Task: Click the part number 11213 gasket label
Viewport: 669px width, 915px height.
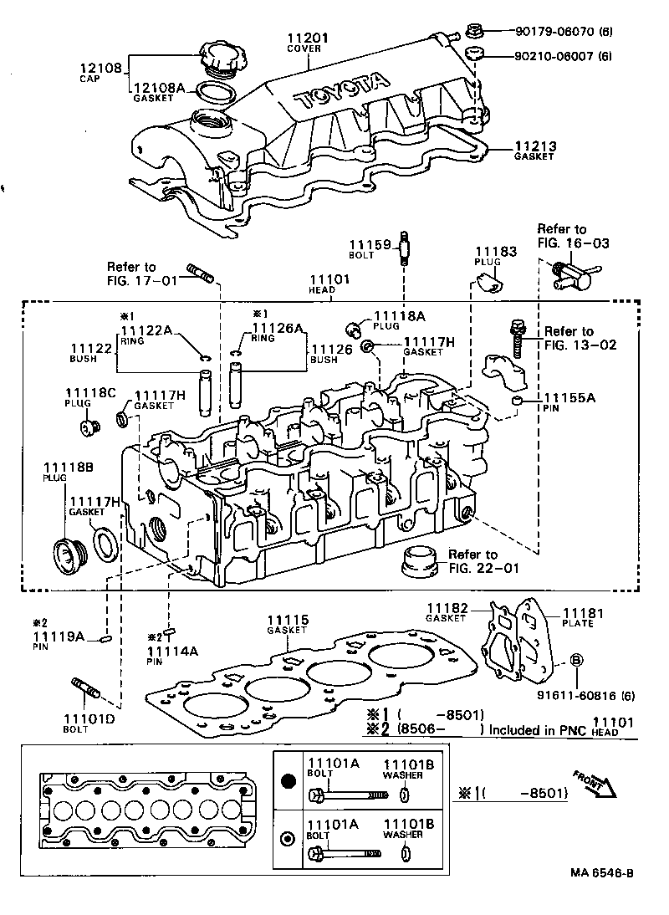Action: (x=534, y=146)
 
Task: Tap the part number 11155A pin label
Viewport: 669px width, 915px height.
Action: (x=569, y=397)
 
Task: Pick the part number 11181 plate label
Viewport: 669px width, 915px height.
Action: (x=583, y=613)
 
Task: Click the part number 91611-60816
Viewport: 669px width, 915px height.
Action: (x=577, y=694)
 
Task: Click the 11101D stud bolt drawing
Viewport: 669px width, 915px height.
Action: (x=87, y=687)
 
